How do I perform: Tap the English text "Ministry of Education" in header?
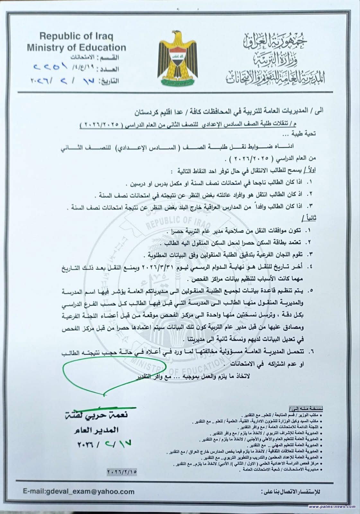coord(76,48)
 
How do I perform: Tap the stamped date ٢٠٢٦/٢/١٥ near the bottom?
coord(121,472)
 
